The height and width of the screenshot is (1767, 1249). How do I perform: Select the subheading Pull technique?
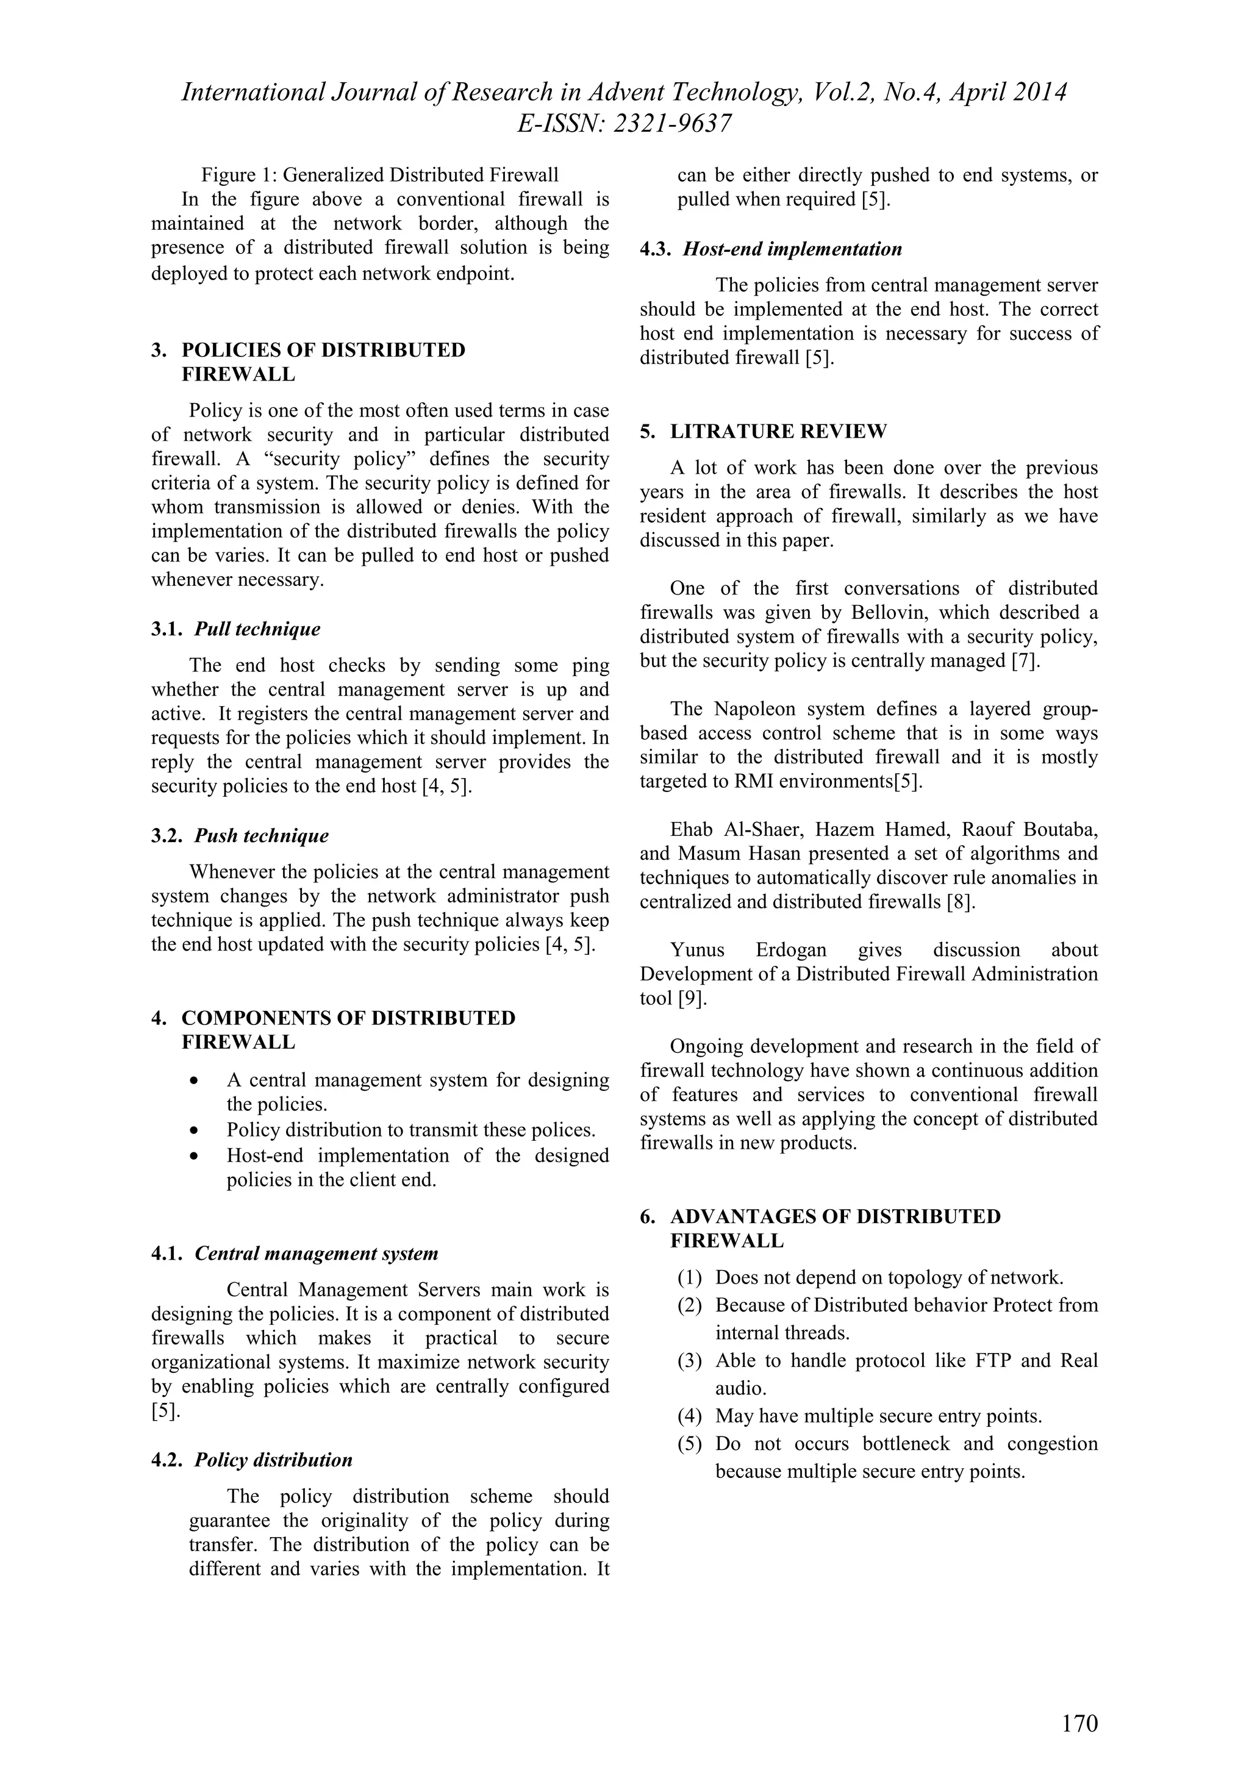tap(257, 629)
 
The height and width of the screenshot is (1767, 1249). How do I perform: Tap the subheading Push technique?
tap(261, 836)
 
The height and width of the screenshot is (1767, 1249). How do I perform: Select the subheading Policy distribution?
tap(273, 1461)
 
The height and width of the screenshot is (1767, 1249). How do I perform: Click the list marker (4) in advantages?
tap(690, 1416)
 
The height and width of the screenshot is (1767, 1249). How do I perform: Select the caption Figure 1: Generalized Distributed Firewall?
tap(379, 176)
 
